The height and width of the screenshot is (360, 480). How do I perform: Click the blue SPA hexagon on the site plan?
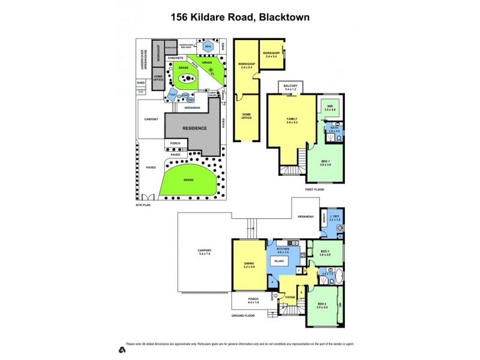208,46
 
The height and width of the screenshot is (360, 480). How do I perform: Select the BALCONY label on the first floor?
291,88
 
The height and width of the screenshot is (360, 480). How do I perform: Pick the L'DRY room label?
335,218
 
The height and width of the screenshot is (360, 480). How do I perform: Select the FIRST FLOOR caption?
314,189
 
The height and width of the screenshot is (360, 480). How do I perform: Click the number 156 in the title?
179,17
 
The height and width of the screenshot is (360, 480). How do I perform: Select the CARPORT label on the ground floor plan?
205,253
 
